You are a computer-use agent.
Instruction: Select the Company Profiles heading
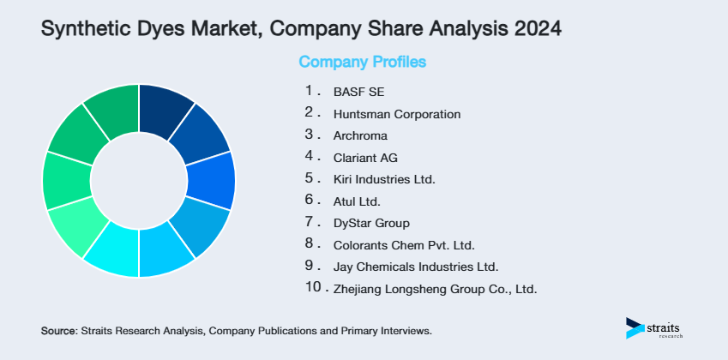coord(363,62)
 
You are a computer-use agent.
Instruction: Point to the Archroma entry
coord(360,135)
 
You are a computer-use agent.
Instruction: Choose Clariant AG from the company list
coord(365,158)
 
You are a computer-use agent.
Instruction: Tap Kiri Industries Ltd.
coord(384,180)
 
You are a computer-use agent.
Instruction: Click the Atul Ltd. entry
coord(356,201)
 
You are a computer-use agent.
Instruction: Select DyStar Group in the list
coord(371,224)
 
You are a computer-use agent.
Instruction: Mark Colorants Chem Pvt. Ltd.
coord(404,245)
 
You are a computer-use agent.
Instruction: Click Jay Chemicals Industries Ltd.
coord(415,267)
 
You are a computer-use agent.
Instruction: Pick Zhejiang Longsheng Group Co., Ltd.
coord(435,289)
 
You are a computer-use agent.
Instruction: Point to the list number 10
coord(313,288)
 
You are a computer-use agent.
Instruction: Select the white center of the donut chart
coord(138,181)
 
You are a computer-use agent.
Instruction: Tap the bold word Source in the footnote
coord(57,330)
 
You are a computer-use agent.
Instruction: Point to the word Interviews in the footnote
coord(406,330)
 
